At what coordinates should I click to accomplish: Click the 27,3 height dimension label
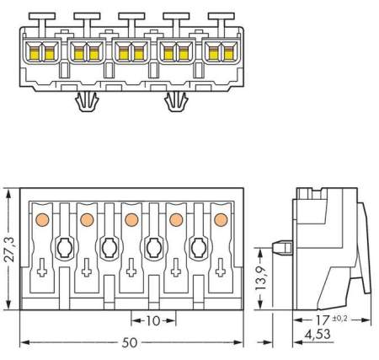pyautogui.click(x=8, y=250)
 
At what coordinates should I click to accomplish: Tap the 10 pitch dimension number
pyautogui.click(x=152, y=320)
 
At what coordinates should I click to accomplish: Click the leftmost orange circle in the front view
pyautogui.click(x=40, y=220)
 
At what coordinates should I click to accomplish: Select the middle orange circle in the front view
pyautogui.click(x=131, y=220)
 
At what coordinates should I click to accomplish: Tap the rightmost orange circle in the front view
pyautogui.click(x=221, y=220)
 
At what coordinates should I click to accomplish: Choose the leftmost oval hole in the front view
pyautogui.click(x=63, y=248)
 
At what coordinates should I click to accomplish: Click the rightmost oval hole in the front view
pyautogui.click(x=199, y=248)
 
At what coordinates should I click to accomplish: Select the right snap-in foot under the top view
pyautogui.click(x=175, y=103)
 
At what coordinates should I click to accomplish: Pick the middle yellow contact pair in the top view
pyautogui.click(x=130, y=54)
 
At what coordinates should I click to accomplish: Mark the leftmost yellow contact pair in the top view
pyautogui.click(x=40, y=54)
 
